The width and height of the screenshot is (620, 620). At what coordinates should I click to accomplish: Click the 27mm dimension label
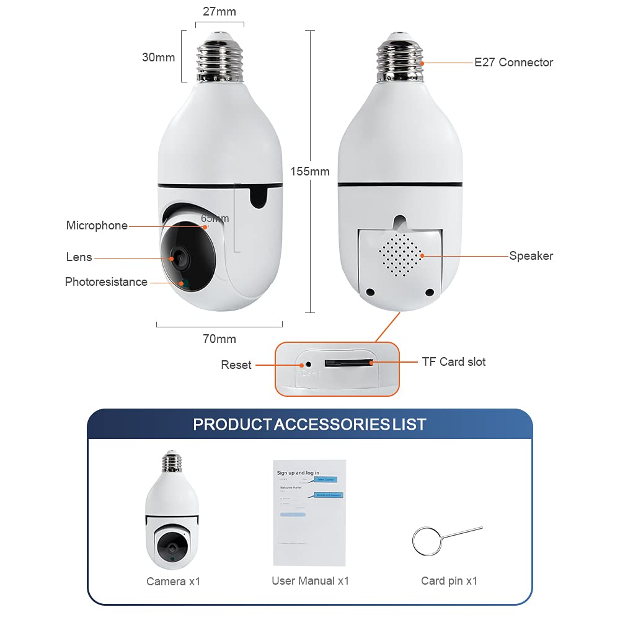tap(219, 11)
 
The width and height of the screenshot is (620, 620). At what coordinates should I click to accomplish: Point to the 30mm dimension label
tap(158, 57)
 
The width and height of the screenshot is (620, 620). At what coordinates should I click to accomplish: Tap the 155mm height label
tap(310, 171)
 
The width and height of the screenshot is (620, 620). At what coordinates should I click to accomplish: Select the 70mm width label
tap(219, 339)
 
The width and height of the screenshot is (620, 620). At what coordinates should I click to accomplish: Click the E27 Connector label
tap(513, 62)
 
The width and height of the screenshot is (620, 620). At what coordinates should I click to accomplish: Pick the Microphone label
tap(97, 226)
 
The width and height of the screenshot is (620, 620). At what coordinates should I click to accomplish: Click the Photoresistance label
tap(106, 282)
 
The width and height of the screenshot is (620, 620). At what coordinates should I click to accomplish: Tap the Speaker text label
tap(531, 255)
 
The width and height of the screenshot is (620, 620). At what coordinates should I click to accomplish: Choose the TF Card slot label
tap(454, 361)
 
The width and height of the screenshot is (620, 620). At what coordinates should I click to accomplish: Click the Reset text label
tap(236, 365)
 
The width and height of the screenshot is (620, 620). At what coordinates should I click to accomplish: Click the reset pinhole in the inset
tap(308, 363)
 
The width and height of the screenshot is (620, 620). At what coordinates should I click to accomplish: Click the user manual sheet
tap(309, 512)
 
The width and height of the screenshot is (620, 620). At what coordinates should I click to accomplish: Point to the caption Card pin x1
tap(449, 581)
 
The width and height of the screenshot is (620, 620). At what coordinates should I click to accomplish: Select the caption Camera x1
tap(174, 582)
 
